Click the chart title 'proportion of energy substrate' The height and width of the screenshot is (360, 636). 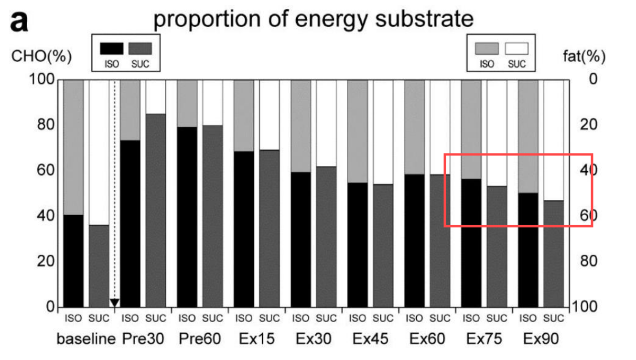313,20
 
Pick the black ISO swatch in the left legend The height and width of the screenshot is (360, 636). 111,48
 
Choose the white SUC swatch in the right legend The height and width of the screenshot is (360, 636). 517,48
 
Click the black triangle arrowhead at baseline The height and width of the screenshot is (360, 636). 114,303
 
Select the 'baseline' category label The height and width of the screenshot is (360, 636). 86,339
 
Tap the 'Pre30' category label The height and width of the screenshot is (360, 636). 143,339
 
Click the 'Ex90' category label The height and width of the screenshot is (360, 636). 540,339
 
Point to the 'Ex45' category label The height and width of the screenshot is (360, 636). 370,339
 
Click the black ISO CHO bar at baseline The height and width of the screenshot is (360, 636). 73,261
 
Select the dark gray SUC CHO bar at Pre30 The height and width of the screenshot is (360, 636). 156,210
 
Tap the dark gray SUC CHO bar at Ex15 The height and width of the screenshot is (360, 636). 269,228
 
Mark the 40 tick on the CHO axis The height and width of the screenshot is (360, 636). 44,216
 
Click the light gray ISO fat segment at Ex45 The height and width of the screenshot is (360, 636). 357,131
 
